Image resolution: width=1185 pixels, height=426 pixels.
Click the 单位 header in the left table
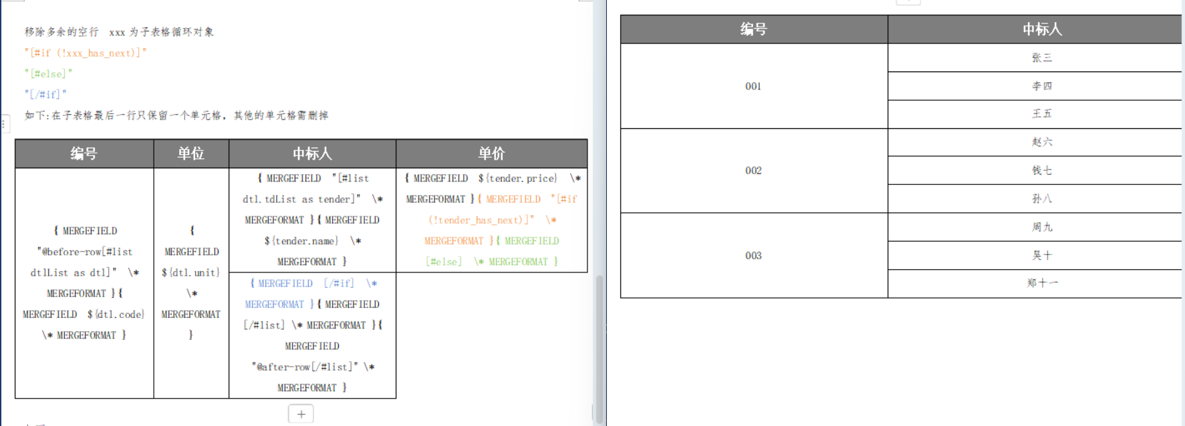click(190, 154)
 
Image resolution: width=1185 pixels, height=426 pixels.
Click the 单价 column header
click(491, 154)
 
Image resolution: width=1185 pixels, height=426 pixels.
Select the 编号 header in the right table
click(753, 29)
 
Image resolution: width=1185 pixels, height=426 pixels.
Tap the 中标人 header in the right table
click(1041, 29)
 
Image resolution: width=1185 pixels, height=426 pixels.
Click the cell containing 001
click(753, 86)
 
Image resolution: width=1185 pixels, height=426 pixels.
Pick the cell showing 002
click(753, 170)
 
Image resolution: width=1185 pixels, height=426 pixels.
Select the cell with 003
click(753, 256)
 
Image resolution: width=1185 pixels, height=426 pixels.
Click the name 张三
click(1041, 58)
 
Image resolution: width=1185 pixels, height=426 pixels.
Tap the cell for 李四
click(1041, 86)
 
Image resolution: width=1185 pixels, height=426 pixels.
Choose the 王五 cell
click(1041, 114)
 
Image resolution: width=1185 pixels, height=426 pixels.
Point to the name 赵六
click(1041, 142)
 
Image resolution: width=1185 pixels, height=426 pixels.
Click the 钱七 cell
click(1041, 170)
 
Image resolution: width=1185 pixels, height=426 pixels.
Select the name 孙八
click(1041, 199)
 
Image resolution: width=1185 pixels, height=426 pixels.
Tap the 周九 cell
click(1041, 227)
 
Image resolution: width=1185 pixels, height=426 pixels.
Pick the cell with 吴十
click(1041, 255)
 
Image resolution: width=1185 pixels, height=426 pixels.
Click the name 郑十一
click(1041, 283)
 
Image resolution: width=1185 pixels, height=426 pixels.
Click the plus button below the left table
click(301, 414)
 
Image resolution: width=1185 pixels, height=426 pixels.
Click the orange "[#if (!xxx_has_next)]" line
click(86, 53)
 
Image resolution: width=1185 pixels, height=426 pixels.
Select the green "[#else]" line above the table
click(48, 73)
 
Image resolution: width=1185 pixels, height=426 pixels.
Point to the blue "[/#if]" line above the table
click(45, 94)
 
